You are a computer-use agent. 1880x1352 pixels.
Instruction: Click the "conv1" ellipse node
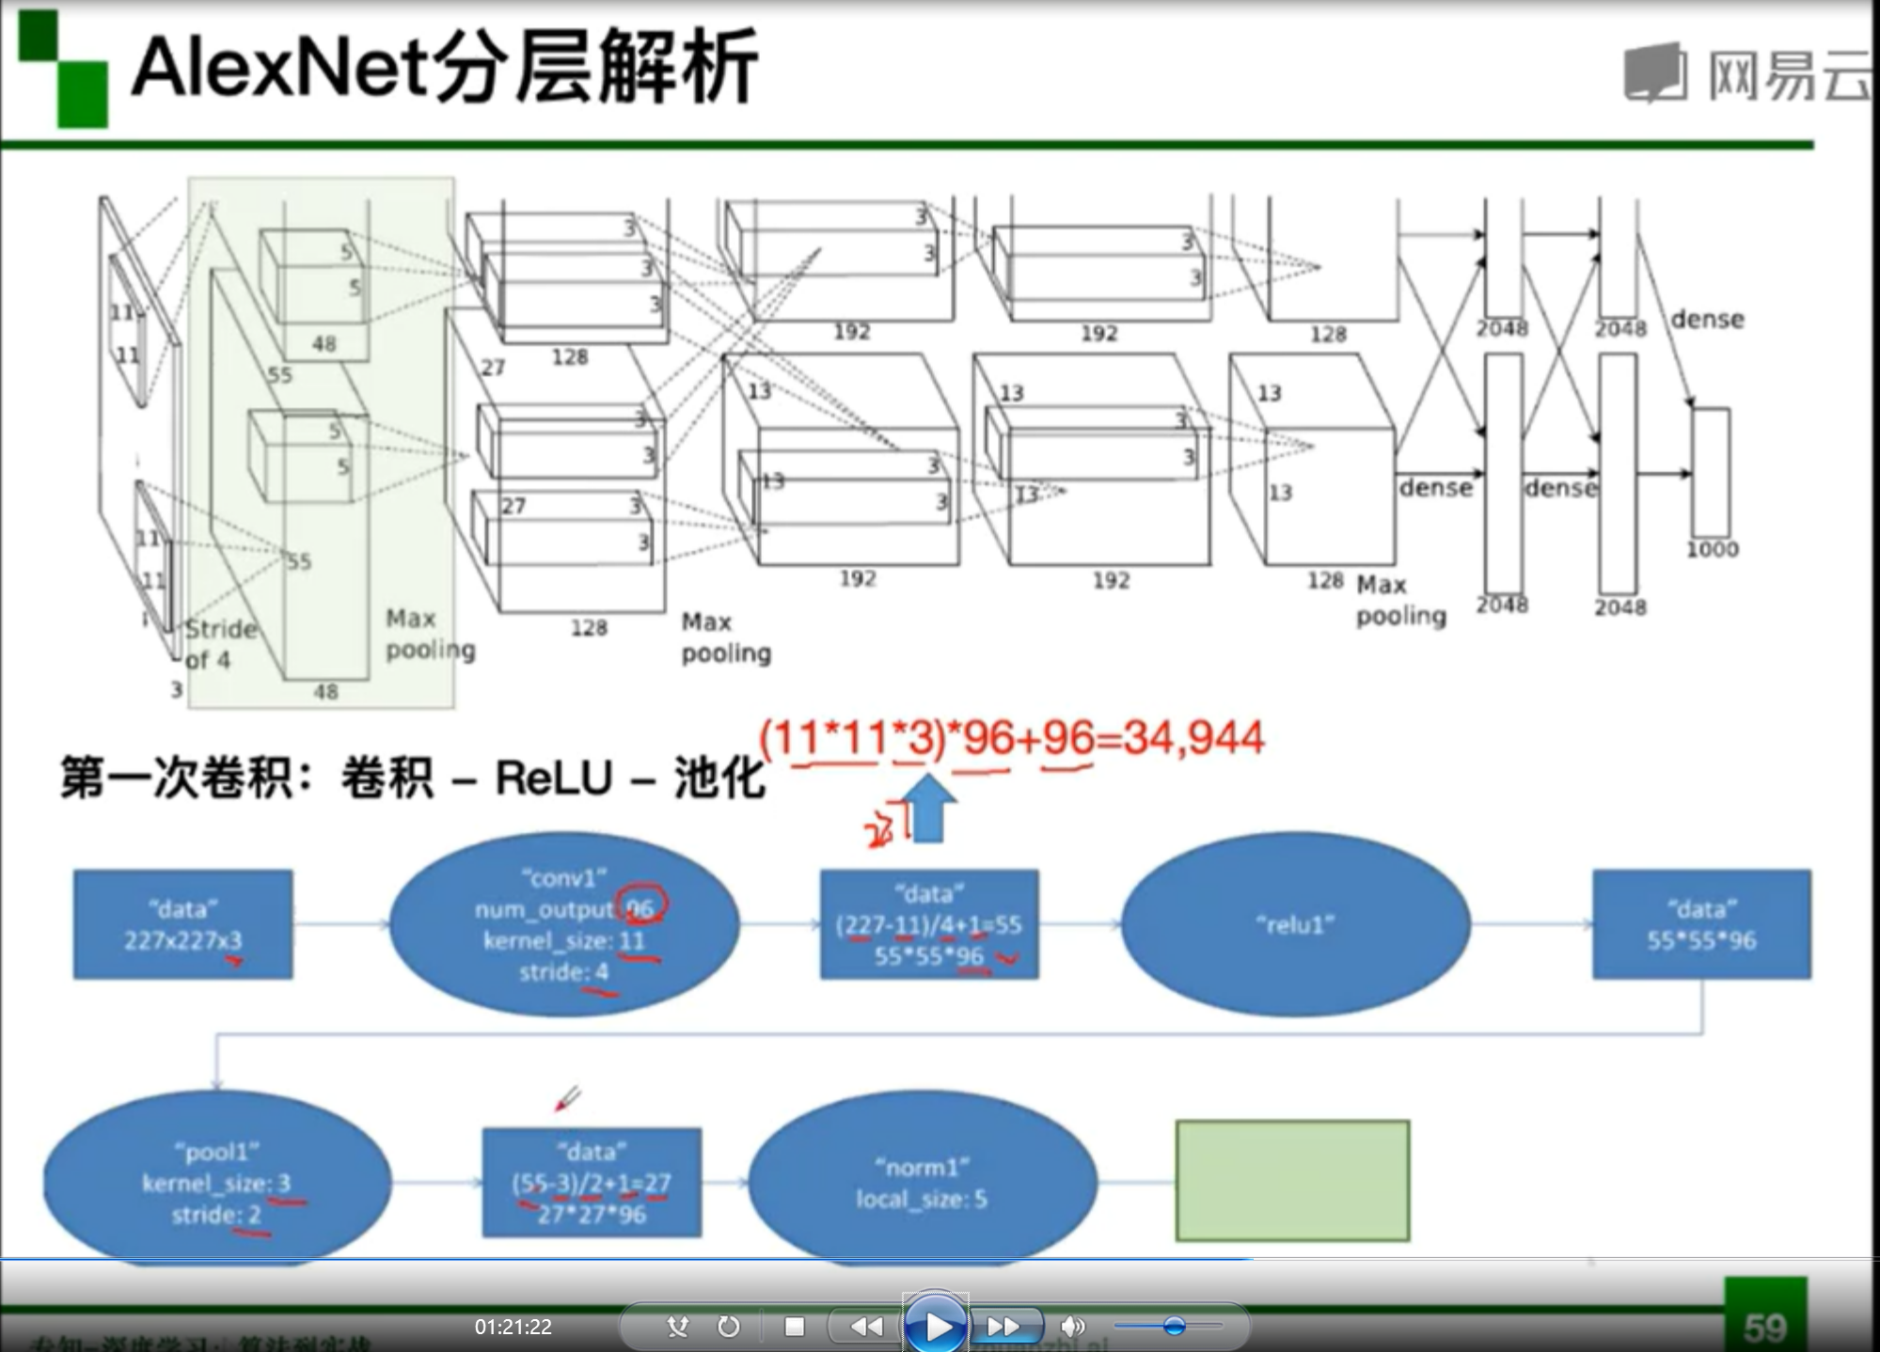pyautogui.click(x=564, y=924)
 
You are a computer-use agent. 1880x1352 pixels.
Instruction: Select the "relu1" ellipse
pyautogui.click(x=1295, y=924)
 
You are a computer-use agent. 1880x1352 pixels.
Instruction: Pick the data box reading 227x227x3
pyautogui.click(x=183, y=925)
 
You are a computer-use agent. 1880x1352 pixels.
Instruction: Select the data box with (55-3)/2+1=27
pyautogui.click(x=592, y=1182)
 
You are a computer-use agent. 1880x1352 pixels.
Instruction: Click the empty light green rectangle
pyautogui.click(x=1292, y=1181)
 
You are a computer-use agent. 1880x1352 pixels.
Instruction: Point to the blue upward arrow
pyautogui.click(x=928, y=808)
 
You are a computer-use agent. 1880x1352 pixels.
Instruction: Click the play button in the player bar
pyautogui.click(x=935, y=1326)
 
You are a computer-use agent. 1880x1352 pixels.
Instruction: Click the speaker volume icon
pyautogui.click(x=1071, y=1326)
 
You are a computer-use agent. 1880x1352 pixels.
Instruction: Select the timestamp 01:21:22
pyautogui.click(x=513, y=1327)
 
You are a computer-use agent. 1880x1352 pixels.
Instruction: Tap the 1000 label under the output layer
pyautogui.click(x=1712, y=549)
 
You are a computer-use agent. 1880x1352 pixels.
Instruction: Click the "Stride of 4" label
pyautogui.click(x=219, y=644)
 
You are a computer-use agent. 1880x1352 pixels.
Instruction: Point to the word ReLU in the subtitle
pyautogui.click(x=554, y=778)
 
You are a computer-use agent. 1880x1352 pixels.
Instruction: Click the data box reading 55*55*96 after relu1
pyautogui.click(x=1701, y=925)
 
